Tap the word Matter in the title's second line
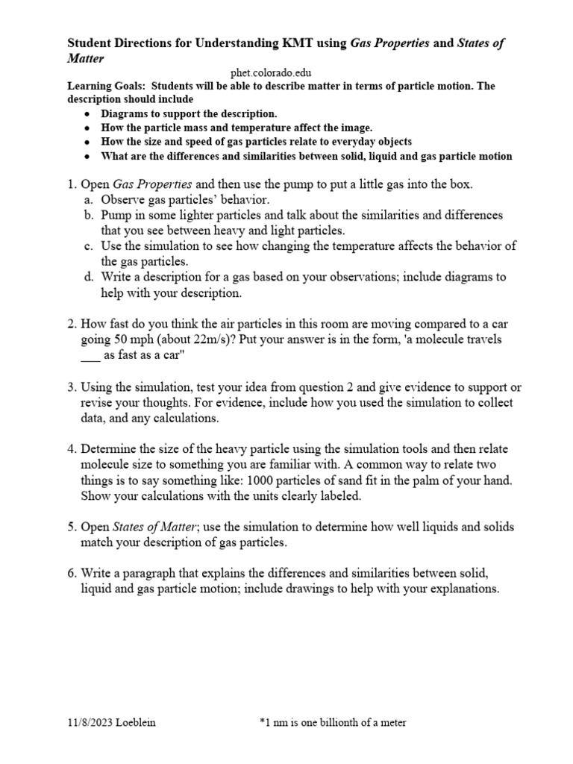point(86,57)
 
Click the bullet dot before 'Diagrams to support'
point(88,114)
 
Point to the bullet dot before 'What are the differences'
point(88,157)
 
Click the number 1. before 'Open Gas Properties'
point(72,184)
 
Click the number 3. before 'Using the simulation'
point(72,387)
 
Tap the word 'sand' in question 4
point(357,480)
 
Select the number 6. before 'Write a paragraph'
point(72,573)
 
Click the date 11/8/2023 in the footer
point(92,722)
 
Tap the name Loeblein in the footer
point(141,722)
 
